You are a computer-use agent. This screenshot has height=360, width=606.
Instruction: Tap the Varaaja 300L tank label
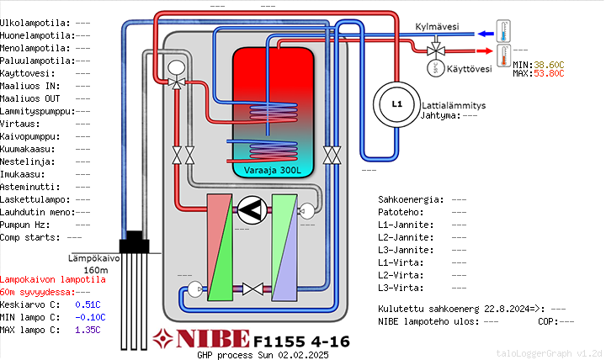pyautogui.click(x=273, y=171)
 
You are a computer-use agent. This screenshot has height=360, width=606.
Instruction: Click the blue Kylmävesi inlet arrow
pyautogui.click(x=486, y=34)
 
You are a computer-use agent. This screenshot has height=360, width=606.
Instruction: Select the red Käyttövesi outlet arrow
pyautogui.click(x=485, y=51)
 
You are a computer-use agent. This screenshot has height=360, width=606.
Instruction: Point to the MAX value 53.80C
pyautogui.click(x=549, y=73)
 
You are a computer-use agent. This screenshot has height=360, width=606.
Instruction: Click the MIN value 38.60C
pyautogui.click(x=549, y=65)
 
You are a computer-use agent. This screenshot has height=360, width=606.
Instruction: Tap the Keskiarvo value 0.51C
pyautogui.click(x=88, y=304)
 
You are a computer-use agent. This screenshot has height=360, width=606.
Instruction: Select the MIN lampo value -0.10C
pyautogui.click(x=90, y=317)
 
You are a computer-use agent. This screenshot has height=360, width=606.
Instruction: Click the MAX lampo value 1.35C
pyautogui.click(x=88, y=331)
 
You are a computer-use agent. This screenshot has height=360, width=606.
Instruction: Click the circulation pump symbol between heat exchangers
pyautogui.click(x=252, y=210)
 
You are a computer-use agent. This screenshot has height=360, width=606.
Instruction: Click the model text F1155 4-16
pyautogui.click(x=301, y=341)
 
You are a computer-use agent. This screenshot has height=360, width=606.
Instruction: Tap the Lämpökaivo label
pyautogui.click(x=94, y=258)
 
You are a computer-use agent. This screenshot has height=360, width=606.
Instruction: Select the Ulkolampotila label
pyautogui.click(x=35, y=24)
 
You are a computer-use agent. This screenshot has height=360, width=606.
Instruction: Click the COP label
pyautogui.click(x=548, y=321)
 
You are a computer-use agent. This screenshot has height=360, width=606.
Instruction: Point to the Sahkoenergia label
pyautogui.click(x=411, y=199)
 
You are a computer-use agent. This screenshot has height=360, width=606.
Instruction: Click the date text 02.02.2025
pyautogui.click(x=303, y=355)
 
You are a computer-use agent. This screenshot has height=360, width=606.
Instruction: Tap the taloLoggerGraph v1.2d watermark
pyautogui.click(x=549, y=353)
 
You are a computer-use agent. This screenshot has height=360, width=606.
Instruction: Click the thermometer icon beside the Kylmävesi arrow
pyautogui.click(x=503, y=31)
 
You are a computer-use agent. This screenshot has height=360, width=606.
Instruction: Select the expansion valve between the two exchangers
pyautogui.click(x=252, y=289)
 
